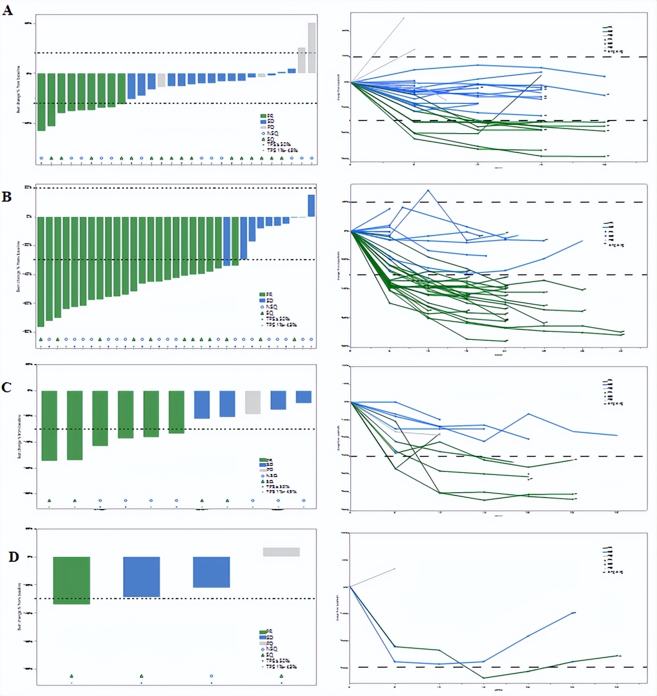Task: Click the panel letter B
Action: point(7,196)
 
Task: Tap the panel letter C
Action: point(7,387)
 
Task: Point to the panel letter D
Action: point(14,557)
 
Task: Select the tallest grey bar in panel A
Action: point(312,48)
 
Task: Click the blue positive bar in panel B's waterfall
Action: point(311,206)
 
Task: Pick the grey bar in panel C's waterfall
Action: point(253,402)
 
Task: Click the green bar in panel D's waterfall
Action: point(71,580)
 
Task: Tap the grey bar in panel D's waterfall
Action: point(281,552)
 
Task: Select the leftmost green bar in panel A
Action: point(41,102)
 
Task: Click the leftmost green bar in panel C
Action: point(49,425)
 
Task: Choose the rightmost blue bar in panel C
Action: point(303,397)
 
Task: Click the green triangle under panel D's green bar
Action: point(71,676)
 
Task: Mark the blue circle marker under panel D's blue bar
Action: point(211,676)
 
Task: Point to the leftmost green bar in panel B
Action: point(41,272)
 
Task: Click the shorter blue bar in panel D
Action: point(211,572)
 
